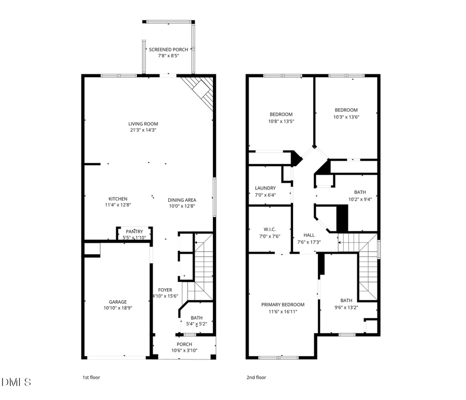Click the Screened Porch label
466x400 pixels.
coord(168,50)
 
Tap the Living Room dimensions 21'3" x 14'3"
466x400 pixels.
coord(143,130)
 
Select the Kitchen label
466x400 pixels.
coord(118,199)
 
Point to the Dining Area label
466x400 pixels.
coord(182,200)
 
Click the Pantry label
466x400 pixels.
coord(134,231)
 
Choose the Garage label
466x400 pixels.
coord(118,302)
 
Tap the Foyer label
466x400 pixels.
coord(165,290)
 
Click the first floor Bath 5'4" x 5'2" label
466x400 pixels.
coord(196,318)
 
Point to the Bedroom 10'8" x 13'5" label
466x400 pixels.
coord(281,114)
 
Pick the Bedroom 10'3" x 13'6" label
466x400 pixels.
coord(346,110)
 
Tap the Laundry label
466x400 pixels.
coord(265,188)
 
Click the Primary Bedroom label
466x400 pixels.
coord(283,305)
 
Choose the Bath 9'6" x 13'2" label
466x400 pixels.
coord(346,301)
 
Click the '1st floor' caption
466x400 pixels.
coord(91,378)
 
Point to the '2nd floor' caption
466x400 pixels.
coord(256,378)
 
